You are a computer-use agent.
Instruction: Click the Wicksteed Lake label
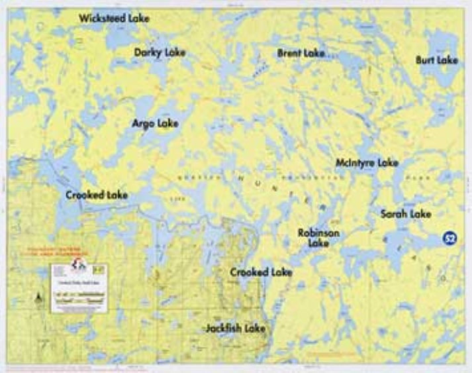coord(114,19)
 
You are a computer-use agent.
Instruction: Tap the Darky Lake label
coord(160,52)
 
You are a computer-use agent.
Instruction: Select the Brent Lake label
coord(301,52)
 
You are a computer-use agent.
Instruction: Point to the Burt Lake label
coord(437,60)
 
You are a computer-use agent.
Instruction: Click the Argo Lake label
coord(155,123)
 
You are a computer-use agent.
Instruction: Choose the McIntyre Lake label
coord(367,162)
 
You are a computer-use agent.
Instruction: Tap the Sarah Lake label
coord(405,214)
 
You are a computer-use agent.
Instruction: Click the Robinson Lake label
coord(318,238)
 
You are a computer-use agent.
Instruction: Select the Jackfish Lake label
coord(235,328)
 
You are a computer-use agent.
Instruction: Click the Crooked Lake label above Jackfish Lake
coord(261,272)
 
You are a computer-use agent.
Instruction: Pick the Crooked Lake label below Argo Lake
coord(97,195)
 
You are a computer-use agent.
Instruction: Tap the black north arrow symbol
coord(41,298)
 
